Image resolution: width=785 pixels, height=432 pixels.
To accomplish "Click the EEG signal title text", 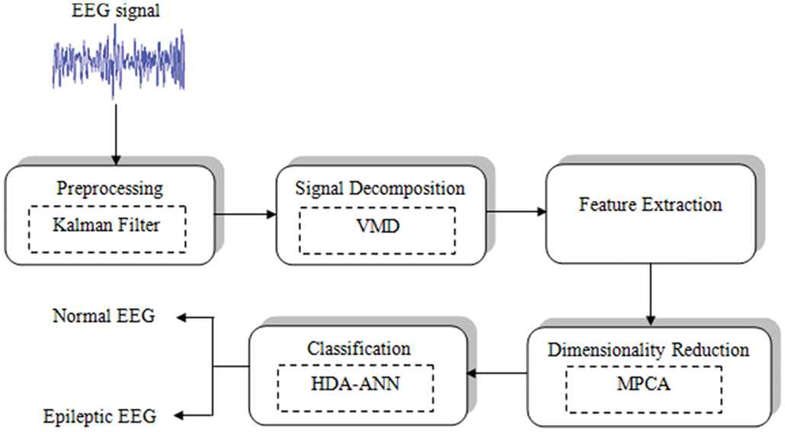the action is coord(116,11).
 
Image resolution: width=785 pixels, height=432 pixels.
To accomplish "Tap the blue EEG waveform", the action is coord(119,60).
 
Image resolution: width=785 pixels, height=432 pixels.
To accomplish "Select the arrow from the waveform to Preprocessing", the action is coord(116,134).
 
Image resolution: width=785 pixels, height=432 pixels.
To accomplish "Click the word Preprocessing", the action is coord(110,189).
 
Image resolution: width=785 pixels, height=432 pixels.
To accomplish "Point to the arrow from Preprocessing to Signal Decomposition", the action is coord(245,215).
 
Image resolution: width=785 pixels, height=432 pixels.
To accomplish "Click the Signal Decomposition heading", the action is coord(380,188).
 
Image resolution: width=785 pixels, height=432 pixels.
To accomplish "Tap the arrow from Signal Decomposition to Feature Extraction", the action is coord(516,212).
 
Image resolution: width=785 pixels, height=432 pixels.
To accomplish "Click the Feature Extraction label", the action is coord(650,204).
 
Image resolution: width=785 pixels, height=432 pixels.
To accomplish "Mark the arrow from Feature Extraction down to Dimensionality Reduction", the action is coord(650,294).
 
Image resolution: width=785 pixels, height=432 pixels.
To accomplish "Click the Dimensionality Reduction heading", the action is coord(649,350).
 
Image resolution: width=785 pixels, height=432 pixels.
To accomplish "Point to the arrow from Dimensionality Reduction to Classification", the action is coord(497,373).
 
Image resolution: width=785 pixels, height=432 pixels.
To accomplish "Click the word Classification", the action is coord(358,348).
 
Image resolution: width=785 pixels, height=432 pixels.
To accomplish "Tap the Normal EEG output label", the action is coord(104,316).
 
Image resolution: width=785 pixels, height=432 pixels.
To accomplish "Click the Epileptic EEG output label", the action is coord(100,417).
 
